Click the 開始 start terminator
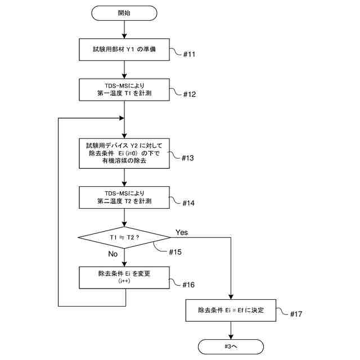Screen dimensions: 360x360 [124, 13]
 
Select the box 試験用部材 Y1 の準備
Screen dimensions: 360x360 [124, 49]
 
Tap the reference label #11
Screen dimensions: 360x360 [189, 55]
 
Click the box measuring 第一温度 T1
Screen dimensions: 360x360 [124, 90]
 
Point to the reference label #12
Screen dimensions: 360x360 [190, 94]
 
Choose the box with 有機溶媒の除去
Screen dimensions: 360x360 [124, 154]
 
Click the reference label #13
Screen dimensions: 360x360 [188, 158]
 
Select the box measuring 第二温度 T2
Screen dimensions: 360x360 [124, 197]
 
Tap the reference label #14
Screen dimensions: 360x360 [188, 203]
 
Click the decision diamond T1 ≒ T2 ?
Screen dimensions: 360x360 [124, 237]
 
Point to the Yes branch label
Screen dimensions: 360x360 [182, 232]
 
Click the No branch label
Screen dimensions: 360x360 [112, 254]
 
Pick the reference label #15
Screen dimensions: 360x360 [175, 252]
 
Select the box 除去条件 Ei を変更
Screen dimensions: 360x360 [124, 277]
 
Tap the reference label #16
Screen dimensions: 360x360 [188, 285]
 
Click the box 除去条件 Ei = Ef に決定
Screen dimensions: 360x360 [231, 310]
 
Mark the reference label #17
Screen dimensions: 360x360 [296, 314]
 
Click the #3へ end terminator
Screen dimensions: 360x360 [231, 346]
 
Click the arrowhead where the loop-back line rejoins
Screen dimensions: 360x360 [121, 118]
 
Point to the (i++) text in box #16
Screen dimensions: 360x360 [124, 281]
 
